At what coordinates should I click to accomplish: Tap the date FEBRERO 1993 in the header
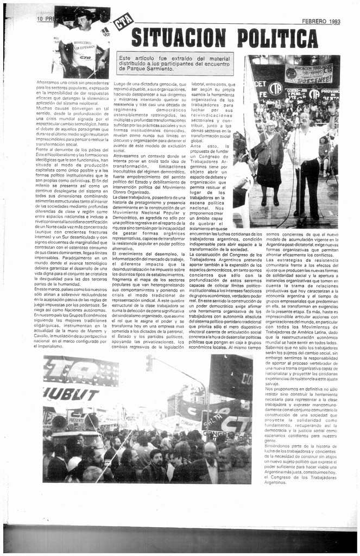click(x=321, y=21)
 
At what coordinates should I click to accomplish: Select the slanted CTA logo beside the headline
click(x=123, y=21)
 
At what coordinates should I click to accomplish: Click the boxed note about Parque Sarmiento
click(x=175, y=63)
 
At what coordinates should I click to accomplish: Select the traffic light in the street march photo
click(x=149, y=363)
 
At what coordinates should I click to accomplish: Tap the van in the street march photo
click(x=68, y=429)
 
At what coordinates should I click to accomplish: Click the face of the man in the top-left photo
click(x=83, y=22)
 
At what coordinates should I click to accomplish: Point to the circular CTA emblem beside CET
click(x=276, y=87)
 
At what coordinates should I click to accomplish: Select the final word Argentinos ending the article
click(x=275, y=482)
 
